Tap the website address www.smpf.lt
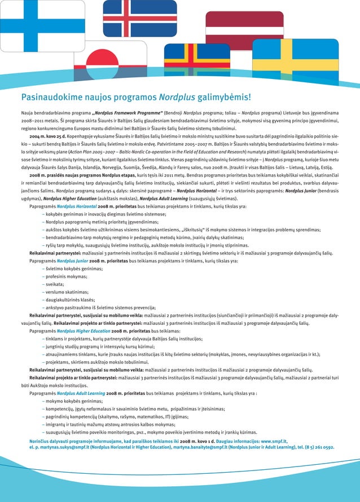click(276, 440)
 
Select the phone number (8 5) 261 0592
click(317, 446)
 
